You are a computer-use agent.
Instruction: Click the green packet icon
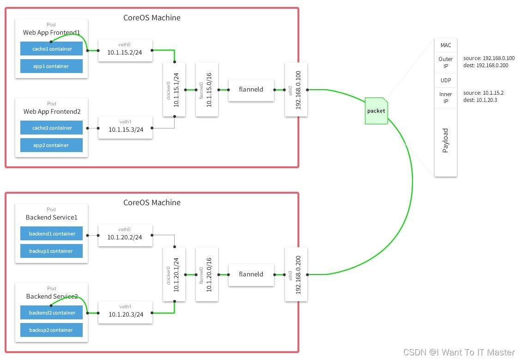(x=376, y=111)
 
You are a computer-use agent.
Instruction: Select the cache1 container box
(x=51, y=49)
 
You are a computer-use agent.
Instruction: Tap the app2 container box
(x=51, y=145)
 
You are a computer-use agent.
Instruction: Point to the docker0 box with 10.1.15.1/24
(x=174, y=90)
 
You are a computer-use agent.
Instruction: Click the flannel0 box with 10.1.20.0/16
(x=206, y=275)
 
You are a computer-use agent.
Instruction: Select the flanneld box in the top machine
(x=251, y=89)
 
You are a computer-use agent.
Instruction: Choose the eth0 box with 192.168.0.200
(x=296, y=275)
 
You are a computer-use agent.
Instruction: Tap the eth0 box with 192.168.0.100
(x=296, y=90)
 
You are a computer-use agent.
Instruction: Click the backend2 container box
(x=51, y=313)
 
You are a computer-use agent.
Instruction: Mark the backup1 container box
(x=51, y=251)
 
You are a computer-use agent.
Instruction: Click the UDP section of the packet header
(x=445, y=80)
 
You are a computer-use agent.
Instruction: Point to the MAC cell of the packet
(x=445, y=45)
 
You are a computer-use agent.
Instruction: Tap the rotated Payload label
(x=445, y=140)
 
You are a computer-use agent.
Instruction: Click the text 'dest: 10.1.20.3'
(x=480, y=100)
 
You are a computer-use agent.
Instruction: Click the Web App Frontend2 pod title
(x=52, y=112)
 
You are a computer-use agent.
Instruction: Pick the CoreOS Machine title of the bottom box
(x=152, y=202)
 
